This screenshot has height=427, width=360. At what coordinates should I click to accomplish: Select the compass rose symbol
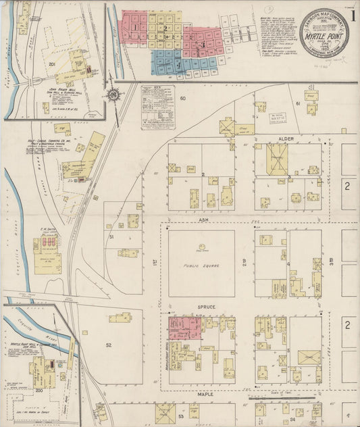pyautogui.click(x=112, y=95)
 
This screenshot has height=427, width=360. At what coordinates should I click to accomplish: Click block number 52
pyautogui.click(x=108, y=345)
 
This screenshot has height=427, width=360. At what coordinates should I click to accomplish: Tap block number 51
pyautogui.click(x=111, y=237)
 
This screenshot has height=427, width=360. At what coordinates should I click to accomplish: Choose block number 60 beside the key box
pyautogui.click(x=182, y=99)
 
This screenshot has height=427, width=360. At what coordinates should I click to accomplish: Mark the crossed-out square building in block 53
pyautogui.click(x=165, y=412)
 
